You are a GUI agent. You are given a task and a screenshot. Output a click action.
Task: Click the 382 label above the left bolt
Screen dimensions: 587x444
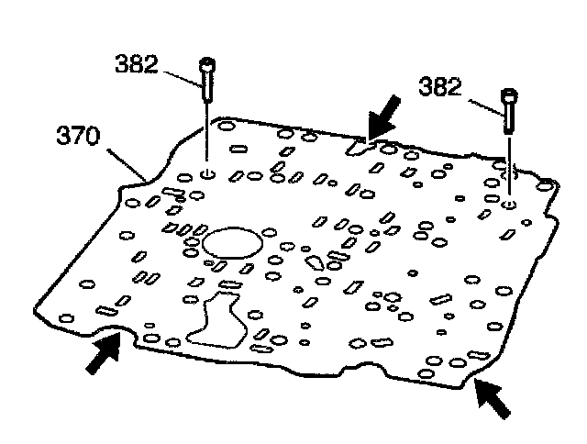pos(136,65)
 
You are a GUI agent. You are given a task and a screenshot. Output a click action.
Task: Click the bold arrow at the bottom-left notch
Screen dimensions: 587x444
pos(102,353)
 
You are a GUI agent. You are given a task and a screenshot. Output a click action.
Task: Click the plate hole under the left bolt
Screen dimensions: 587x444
pos(208,172)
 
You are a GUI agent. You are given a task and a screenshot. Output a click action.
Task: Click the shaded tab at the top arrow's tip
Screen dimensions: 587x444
pos(360,144)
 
